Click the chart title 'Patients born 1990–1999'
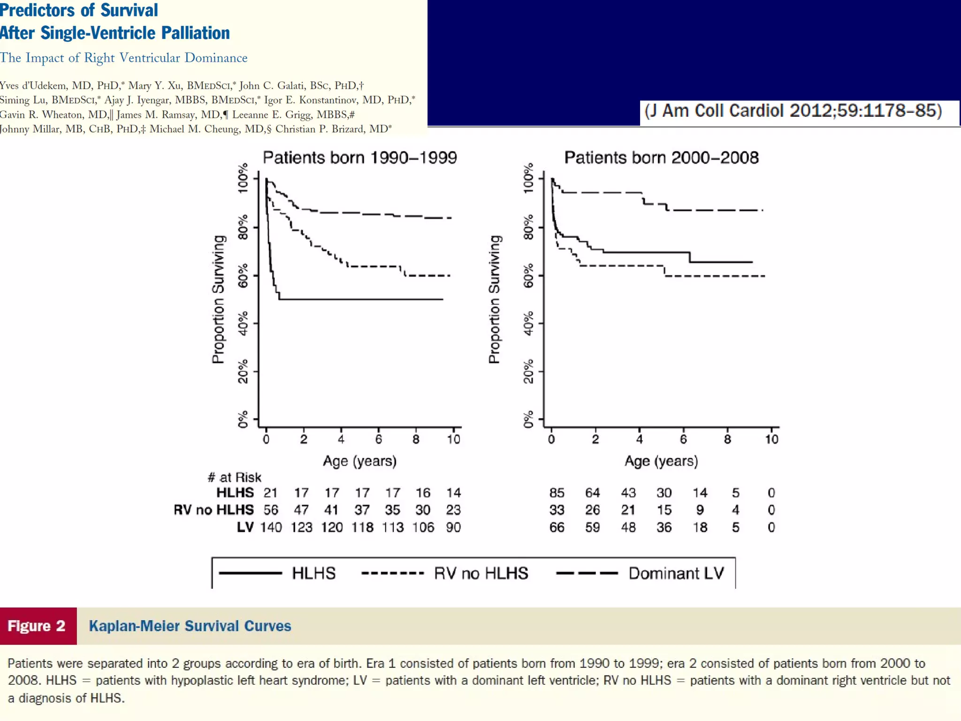pyautogui.click(x=359, y=158)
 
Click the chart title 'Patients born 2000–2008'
pyautogui.click(x=661, y=158)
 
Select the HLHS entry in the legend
pyautogui.click(x=313, y=573)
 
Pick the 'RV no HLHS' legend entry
pyautogui.click(x=481, y=573)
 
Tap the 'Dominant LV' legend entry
pyautogui.click(x=676, y=573)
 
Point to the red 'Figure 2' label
pyautogui.click(x=37, y=626)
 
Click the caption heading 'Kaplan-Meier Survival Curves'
pyautogui.click(x=190, y=626)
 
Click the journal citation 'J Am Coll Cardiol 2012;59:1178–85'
pyautogui.click(x=793, y=111)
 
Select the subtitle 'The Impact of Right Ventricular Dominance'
pyautogui.click(x=123, y=58)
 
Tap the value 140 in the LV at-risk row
pyautogui.click(x=271, y=527)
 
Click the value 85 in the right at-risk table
pyautogui.click(x=557, y=493)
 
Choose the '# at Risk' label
pyautogui.click(x=234, y=477)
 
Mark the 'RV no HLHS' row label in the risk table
pyautogui.click(x=214, y=510)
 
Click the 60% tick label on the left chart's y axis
pyautogui.click(x=243, y=276)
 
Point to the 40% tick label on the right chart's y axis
pyautogui.click(x=528, y=323)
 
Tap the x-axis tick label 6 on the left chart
pyautogui.click(x=378, y=439)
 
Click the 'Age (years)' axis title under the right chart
pyautogui.click(x=661, y=461)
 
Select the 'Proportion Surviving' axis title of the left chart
pyautogui.click(x=218, y=299)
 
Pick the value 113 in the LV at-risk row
pyautogui.click(x=392, y=527)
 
